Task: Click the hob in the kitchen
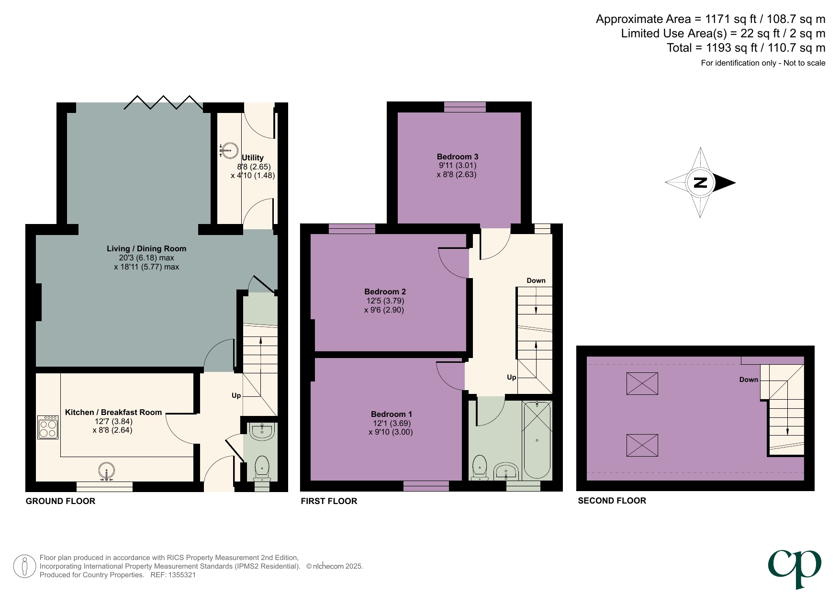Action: (x=48, y=427)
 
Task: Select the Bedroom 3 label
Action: (x=457, y=157)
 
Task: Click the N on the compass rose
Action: (x=700, y=182)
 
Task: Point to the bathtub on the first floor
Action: (x=537, y=439)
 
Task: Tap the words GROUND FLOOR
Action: (x=60, y=501)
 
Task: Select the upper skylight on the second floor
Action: (x=642, y=383)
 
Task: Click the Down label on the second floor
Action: (x=748, y=380)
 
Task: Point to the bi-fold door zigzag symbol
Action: (x=163, y=102)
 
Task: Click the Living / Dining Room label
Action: (x=146, y=248)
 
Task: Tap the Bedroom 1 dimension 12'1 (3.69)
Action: (x=392, y=423)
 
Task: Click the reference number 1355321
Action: (x=181, y=575)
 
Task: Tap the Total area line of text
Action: (x=746, y=48)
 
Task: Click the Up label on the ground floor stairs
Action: (x=236, y=395)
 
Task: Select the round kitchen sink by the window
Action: (x=107, y=471)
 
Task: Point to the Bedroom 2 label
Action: (x=385, y=291)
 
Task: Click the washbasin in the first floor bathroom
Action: (x=506, y=471)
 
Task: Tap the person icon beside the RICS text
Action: (x=24, y=566)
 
